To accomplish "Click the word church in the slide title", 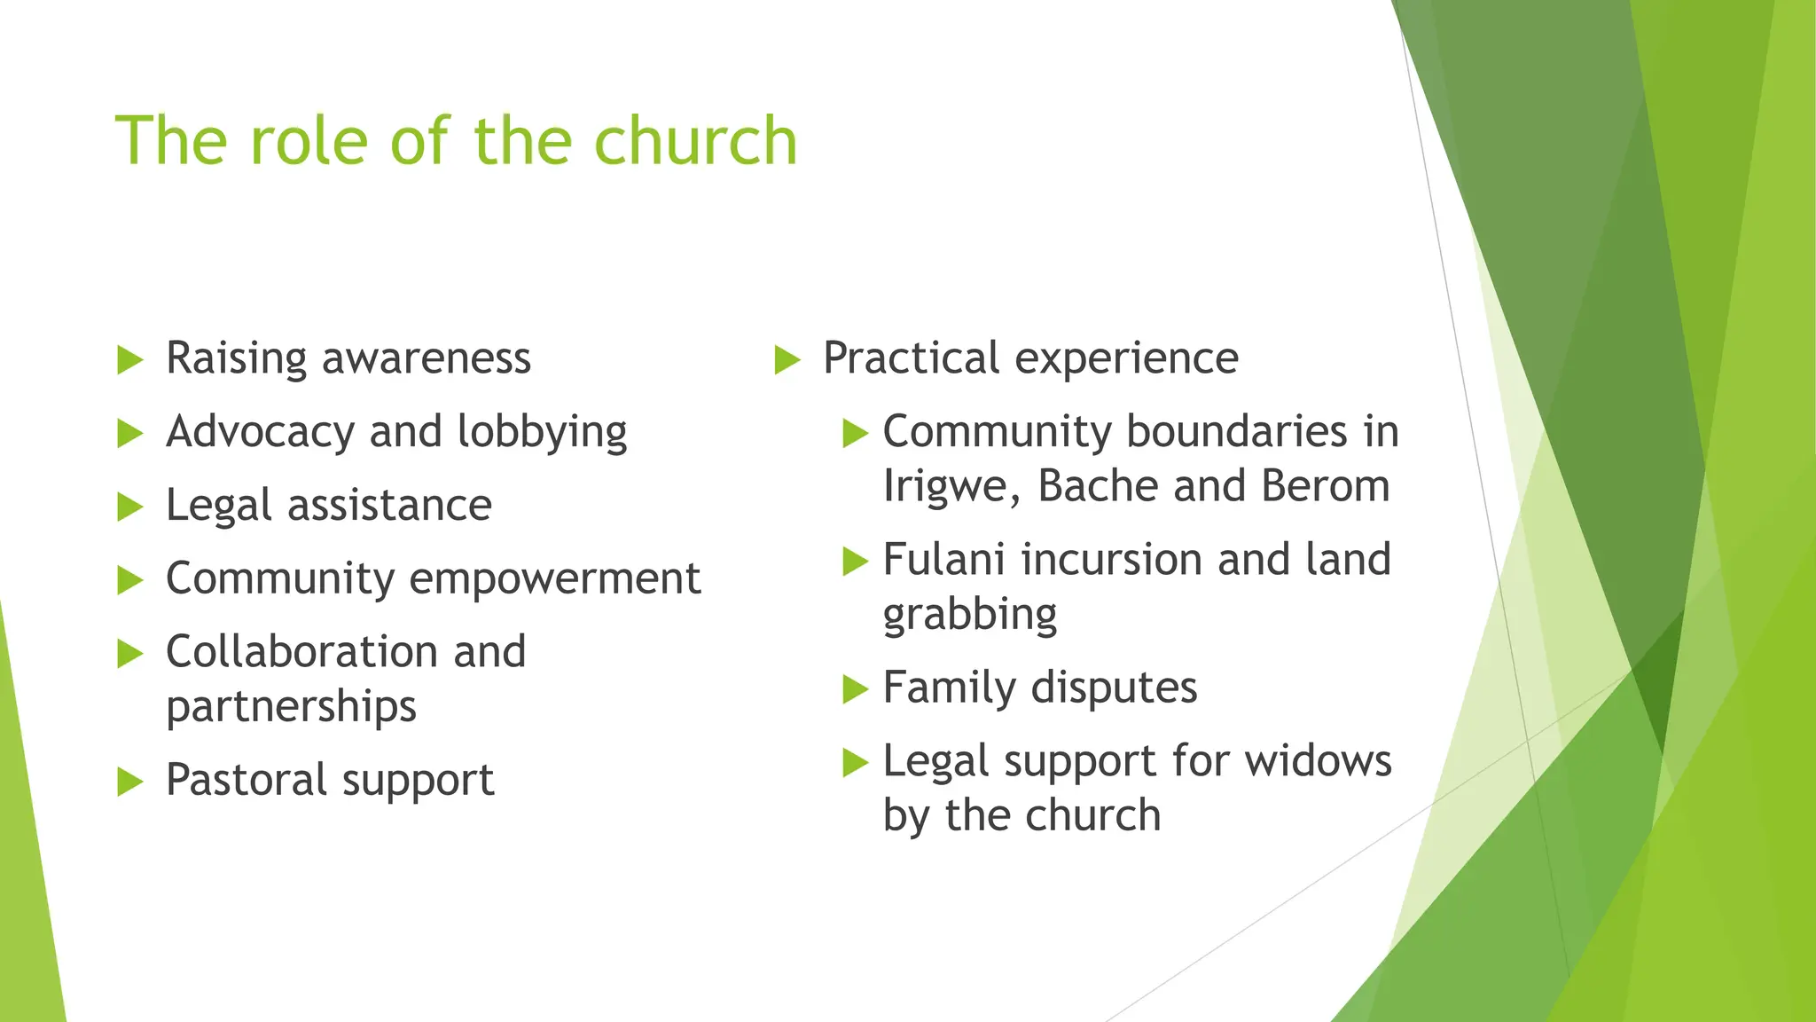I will (x=695, y=141).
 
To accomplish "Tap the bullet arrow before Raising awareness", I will (x=130, y=360).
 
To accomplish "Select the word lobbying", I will (x=542, y=433).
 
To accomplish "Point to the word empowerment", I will (x=555, y=579).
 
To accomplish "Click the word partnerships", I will (x=291, y=707).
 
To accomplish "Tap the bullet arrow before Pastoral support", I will (x=130, y=782).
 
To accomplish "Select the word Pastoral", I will (x=247, y=780).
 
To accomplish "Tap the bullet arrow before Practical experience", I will (x=787, y=360).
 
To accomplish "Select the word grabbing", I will (x=970, y=615).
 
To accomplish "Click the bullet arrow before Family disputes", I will (x=855, y=689).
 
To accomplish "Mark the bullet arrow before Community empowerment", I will (x=130, y=580).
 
